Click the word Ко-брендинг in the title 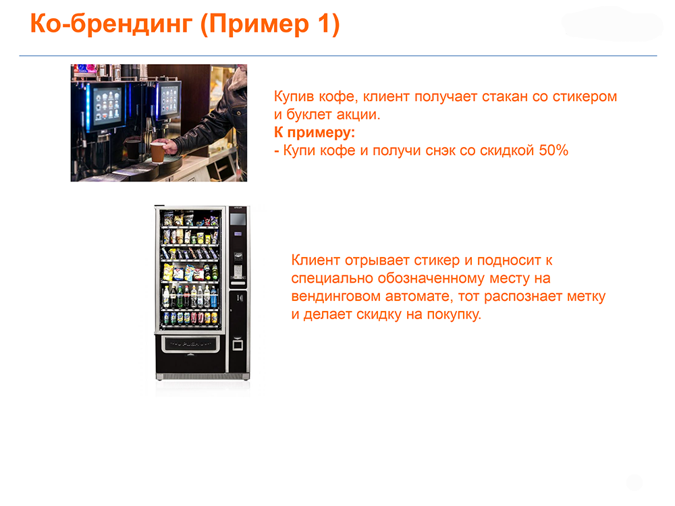[x=111, y=24]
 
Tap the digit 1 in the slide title [x=324, y=23]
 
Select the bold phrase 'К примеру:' [x=315, y=133]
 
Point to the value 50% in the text [x=553, y=150]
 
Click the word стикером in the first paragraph [x=585, y=96]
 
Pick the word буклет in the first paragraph [x=309, y=115]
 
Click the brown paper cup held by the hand [x=158, y=151]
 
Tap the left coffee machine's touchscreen [x=107, y=104]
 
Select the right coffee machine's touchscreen [x=169, y=99]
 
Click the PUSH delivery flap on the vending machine [x=190, y=344]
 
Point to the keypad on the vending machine [x=237, y=271]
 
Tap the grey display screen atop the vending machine [x=238, y=219]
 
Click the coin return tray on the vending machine [x=238, y=345]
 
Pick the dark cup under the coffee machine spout [x=132, y=149]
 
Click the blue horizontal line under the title [x=338, y=55]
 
